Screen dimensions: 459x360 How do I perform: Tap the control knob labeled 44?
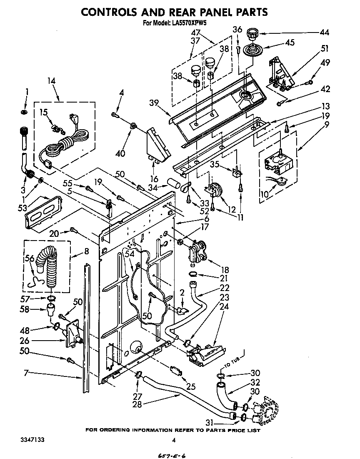point(252,33)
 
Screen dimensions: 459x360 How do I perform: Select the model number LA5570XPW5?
point(190,23)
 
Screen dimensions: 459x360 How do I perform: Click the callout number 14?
point(52,82)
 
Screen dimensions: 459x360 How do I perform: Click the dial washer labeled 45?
point(252,49)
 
